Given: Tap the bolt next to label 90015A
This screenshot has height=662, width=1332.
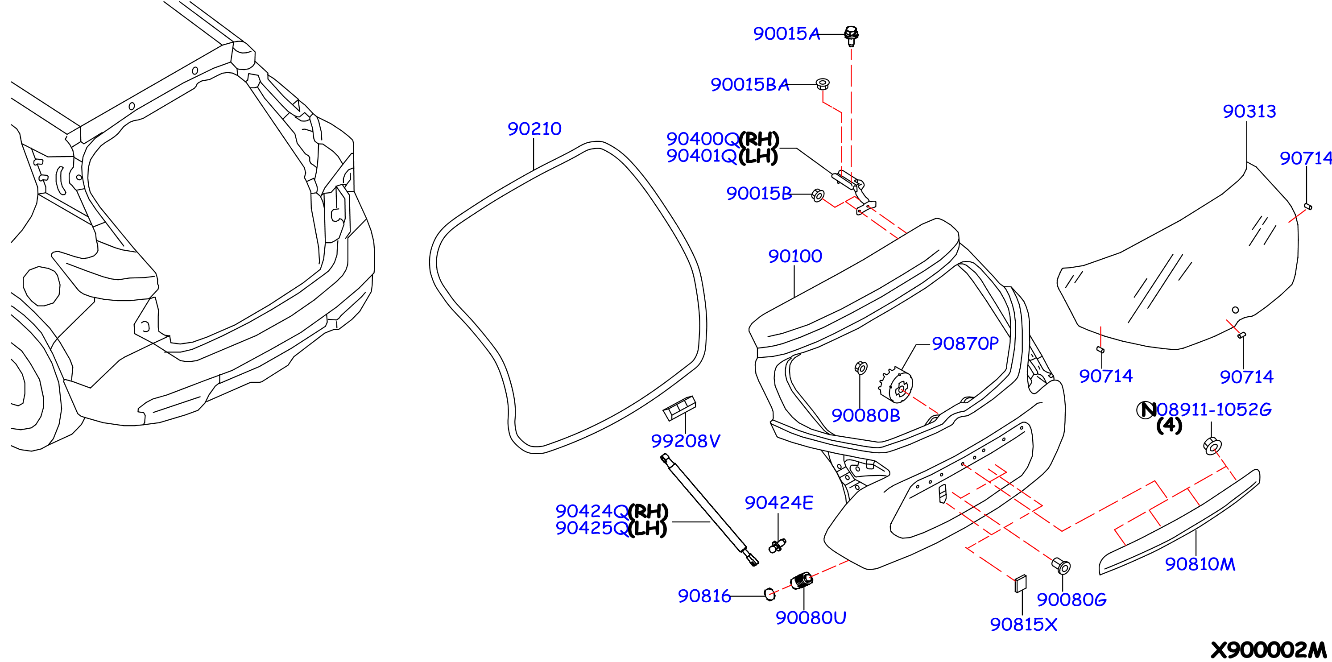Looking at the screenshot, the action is [851, 35].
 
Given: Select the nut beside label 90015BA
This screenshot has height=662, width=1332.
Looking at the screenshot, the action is [823, 84].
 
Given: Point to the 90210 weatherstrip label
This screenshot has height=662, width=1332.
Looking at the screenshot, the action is [534, 129].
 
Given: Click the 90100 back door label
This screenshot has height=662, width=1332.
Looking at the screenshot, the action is [795, 256].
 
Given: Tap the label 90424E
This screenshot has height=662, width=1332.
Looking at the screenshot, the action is [779, 503].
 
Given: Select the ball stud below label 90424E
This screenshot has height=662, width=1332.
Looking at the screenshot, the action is [777, 545].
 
